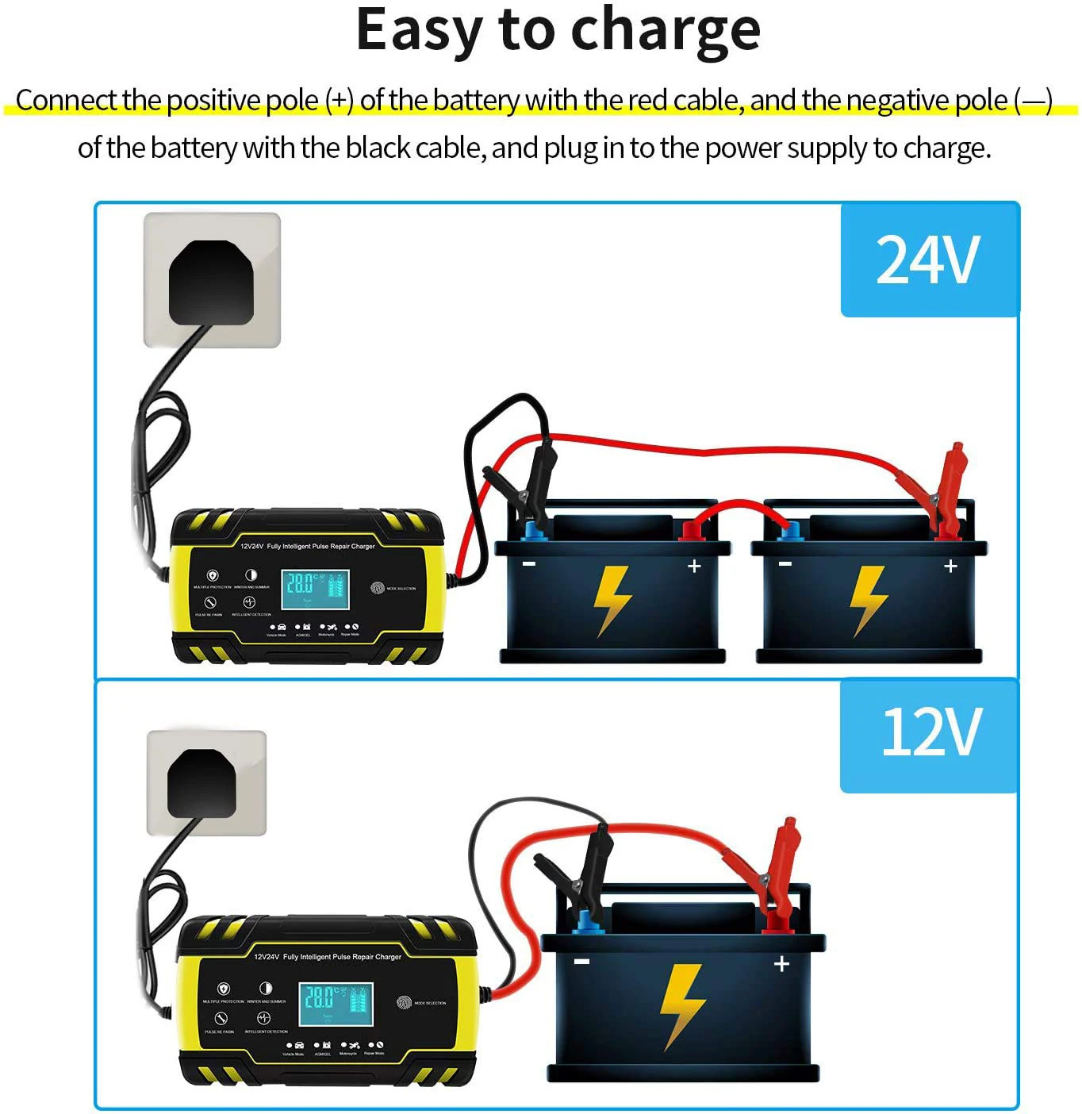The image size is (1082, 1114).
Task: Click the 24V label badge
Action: coord(929,259)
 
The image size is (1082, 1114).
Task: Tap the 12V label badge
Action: coord(930,732)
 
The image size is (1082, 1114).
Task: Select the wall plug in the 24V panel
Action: coord(211,282)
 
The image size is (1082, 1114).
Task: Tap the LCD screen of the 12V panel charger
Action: coord(336,1004)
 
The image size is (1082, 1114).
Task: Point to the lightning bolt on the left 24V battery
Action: coord(612,599)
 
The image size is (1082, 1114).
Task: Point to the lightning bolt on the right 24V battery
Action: coord(869,599)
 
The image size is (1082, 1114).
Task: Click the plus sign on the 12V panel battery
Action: coord(782,963)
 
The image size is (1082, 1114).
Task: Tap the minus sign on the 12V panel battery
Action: coord(582,962)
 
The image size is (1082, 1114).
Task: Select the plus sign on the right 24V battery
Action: coord(950,566)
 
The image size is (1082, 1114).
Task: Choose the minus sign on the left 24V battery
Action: coord(529,564)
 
